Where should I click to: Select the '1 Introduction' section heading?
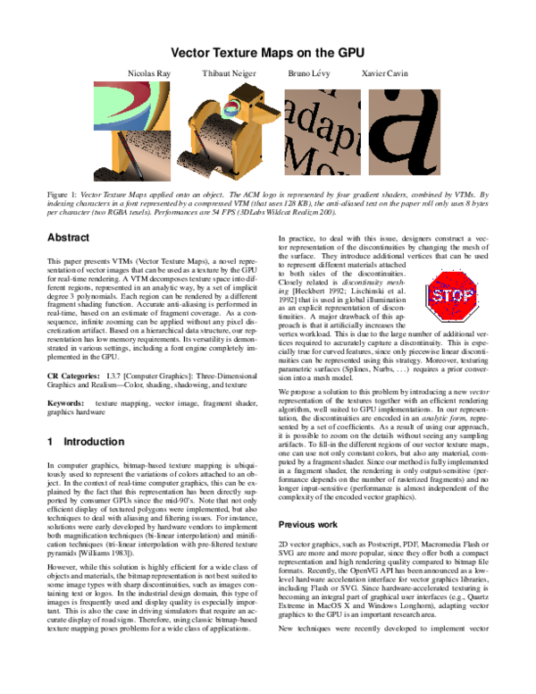coord(85,442)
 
